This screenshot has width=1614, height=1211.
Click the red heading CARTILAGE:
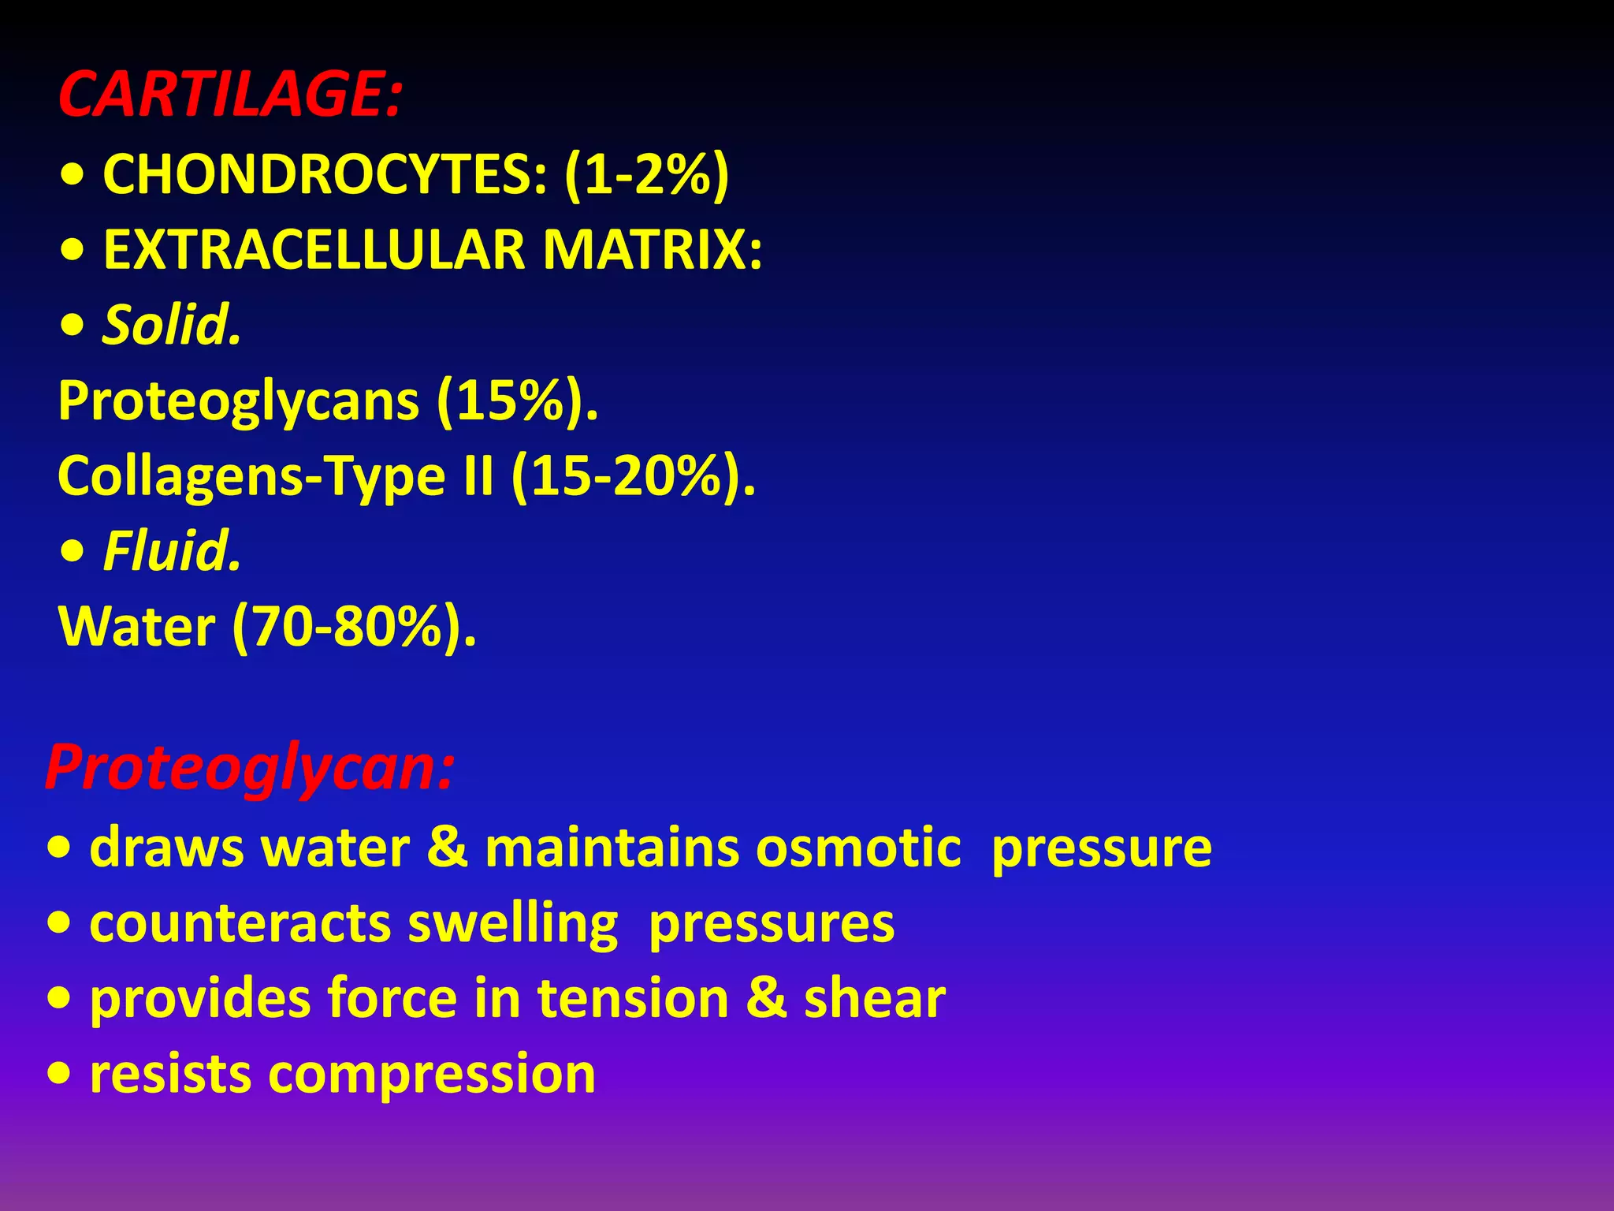(230, 95)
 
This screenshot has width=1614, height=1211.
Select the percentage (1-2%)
(646, 174)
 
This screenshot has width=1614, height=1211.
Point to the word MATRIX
(652, 250)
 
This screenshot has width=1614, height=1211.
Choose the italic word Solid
(172, 325)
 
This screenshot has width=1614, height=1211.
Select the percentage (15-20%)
(633, 477)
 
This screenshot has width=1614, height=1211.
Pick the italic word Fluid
(172, 551)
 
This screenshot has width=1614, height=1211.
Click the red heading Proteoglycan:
(250, 768)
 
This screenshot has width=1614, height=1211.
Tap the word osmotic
(858, 848)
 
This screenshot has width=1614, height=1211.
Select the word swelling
(513, 924)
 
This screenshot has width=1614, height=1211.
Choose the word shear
(874, 999)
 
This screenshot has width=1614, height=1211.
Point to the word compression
(432, 1074)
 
